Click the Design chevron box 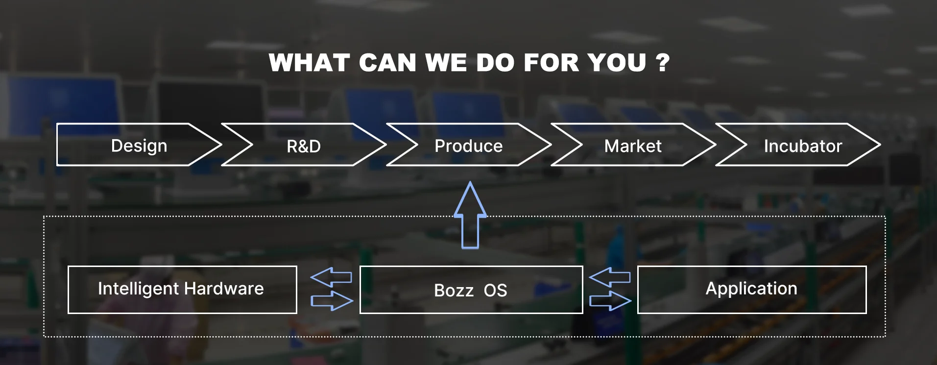[139, 145]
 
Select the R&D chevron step [304, 146]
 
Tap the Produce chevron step [469, 146]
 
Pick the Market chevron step [633, 146]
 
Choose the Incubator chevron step [803, 146]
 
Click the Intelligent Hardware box [182, 290]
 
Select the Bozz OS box [471, 290]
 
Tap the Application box [751, 290]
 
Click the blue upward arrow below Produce [470, 216]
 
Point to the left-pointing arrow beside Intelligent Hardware [331, 277]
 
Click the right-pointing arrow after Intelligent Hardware [332, 300]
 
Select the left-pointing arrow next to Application [609, 277]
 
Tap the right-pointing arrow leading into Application [610, 300]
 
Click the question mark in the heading [663, 63]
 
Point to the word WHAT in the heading [310, 63]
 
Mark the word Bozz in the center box [454, 291]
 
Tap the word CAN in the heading [387, 63]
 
